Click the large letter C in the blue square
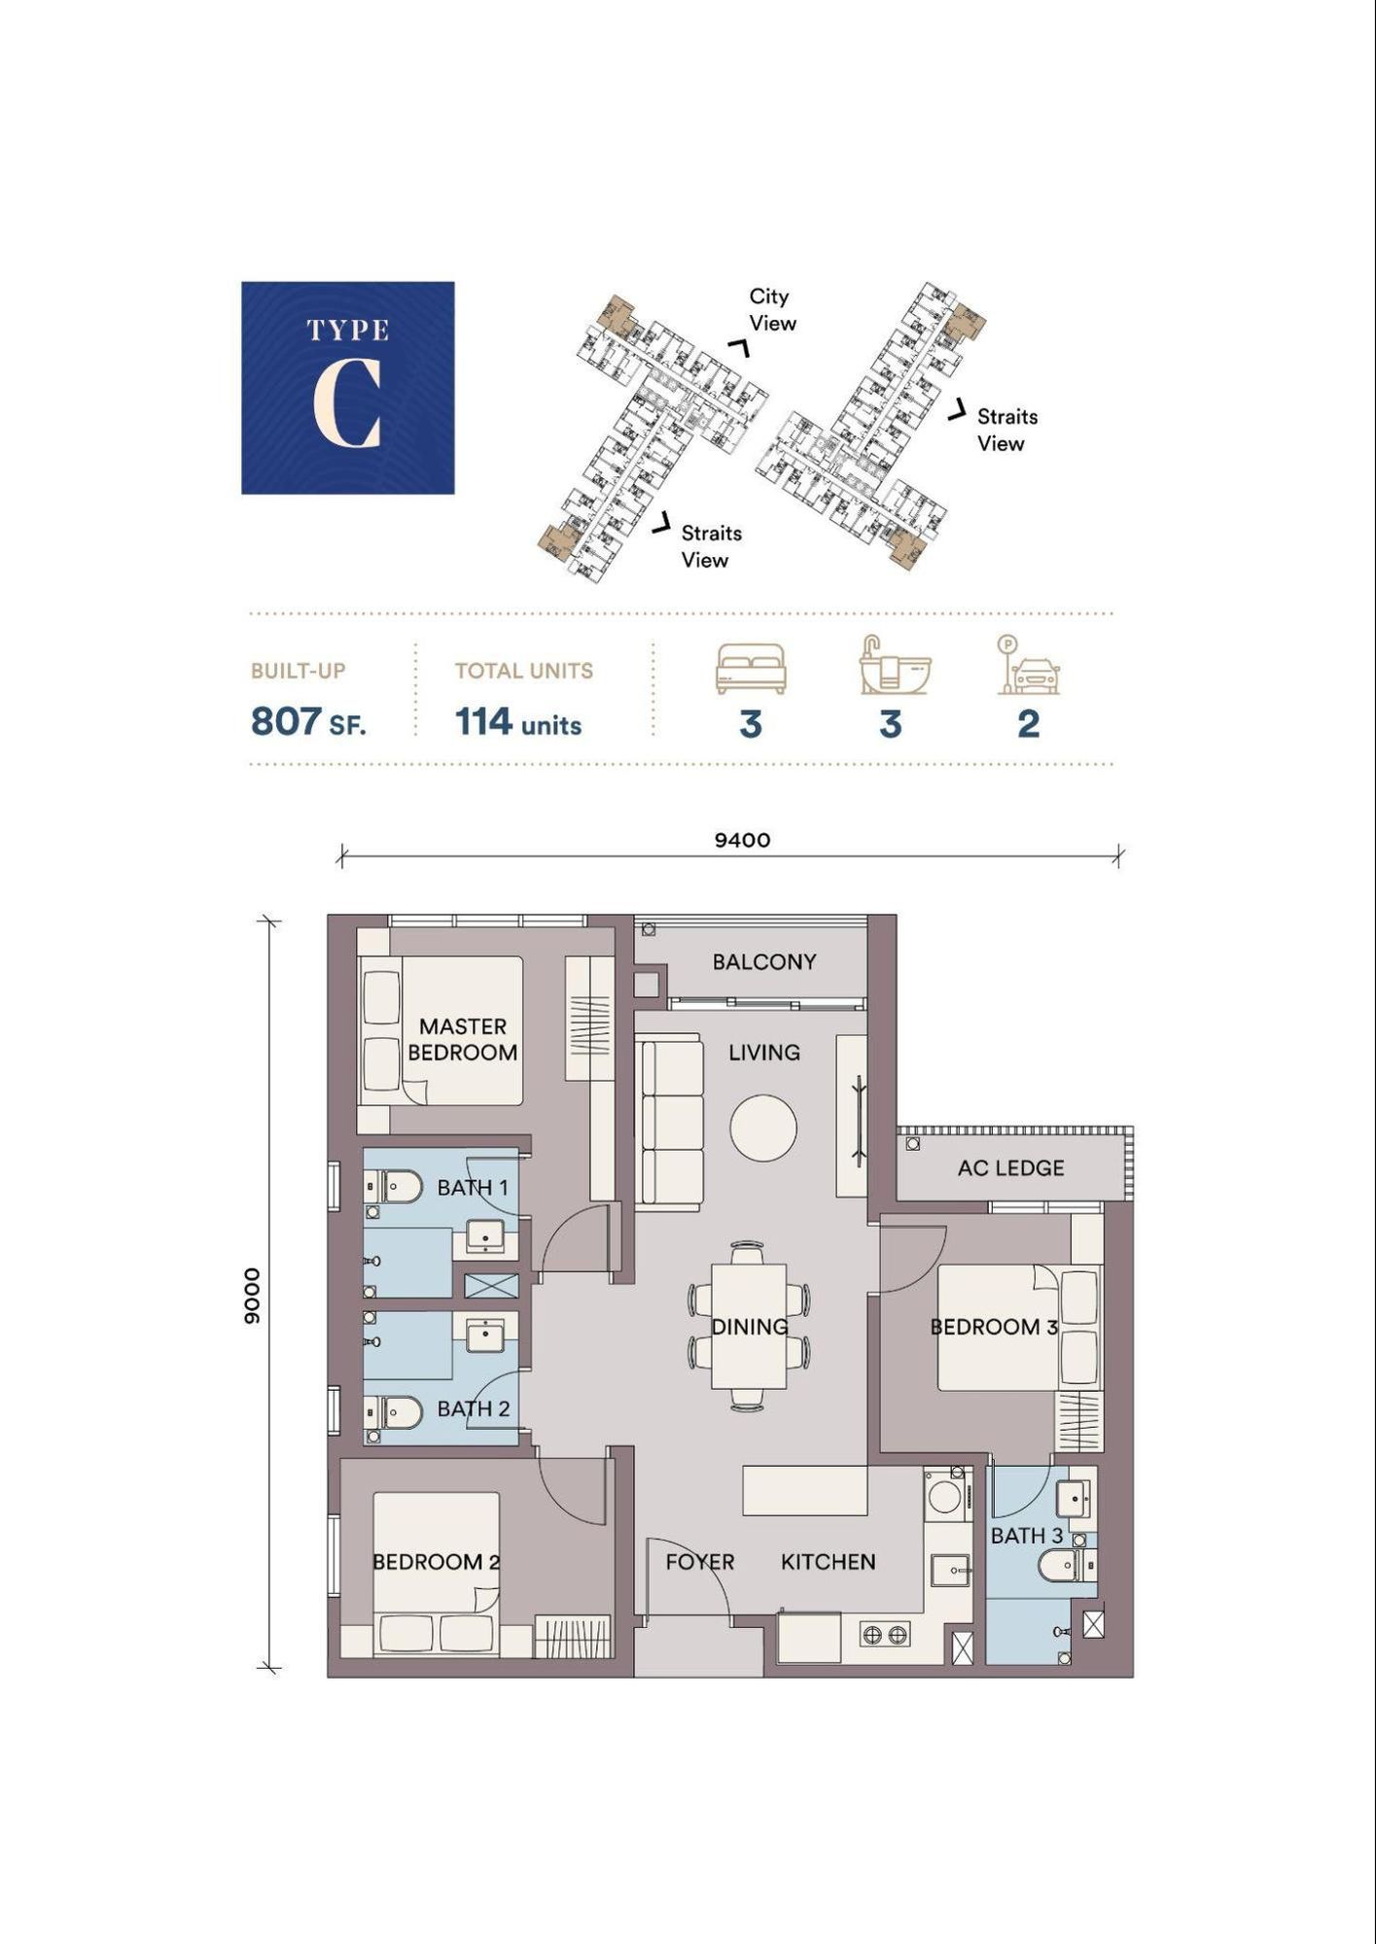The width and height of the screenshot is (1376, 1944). click(346, 402)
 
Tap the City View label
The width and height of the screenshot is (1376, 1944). click(772, 309)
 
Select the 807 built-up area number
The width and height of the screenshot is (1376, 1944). click(286, 721)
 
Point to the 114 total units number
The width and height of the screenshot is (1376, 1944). click(483, 721)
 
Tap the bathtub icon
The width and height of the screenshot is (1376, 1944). click(894, 666)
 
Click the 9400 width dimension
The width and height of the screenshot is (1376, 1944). click(742, 840)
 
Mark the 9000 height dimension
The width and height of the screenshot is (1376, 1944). click(252, 1296)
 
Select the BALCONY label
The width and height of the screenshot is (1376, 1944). click(764, 961)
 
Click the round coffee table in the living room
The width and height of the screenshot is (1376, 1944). click(763, 1128)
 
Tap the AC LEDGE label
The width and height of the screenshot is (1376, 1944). click(1010, 1167)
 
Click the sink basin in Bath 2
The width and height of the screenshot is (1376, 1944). click(484, 1335)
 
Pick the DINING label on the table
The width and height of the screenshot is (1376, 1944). click(749, 1327)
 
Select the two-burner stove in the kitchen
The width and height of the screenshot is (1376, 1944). click(885, 1635)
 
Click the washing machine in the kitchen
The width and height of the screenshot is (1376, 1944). click(943, 1496)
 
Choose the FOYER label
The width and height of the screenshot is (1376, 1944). click(699, 1562)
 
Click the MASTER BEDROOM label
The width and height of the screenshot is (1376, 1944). click(463, 1039)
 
